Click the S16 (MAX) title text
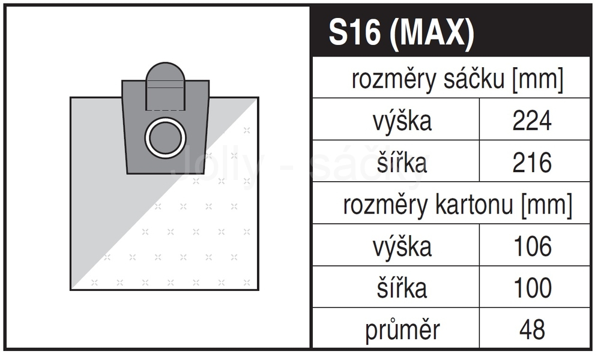tap(401, 33)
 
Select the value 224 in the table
tap(532, 121)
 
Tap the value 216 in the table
tap(532, 163)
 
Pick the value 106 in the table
tap(533, 246)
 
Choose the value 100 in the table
tap(533, 288)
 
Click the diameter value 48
tap(532, 329)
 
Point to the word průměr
tap(402, 330)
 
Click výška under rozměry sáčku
tap(402, 121)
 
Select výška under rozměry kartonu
tap(402, 247)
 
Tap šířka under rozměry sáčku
tap(402, 162)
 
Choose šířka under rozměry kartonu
tap(402, 287)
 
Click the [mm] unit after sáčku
tap(538, 80)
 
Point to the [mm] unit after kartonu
tap(546, 205)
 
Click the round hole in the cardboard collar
tap(165, 138)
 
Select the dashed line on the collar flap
tap(165, 110)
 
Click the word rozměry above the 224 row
tap(394, 80)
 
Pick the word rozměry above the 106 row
tap(386, 205)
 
